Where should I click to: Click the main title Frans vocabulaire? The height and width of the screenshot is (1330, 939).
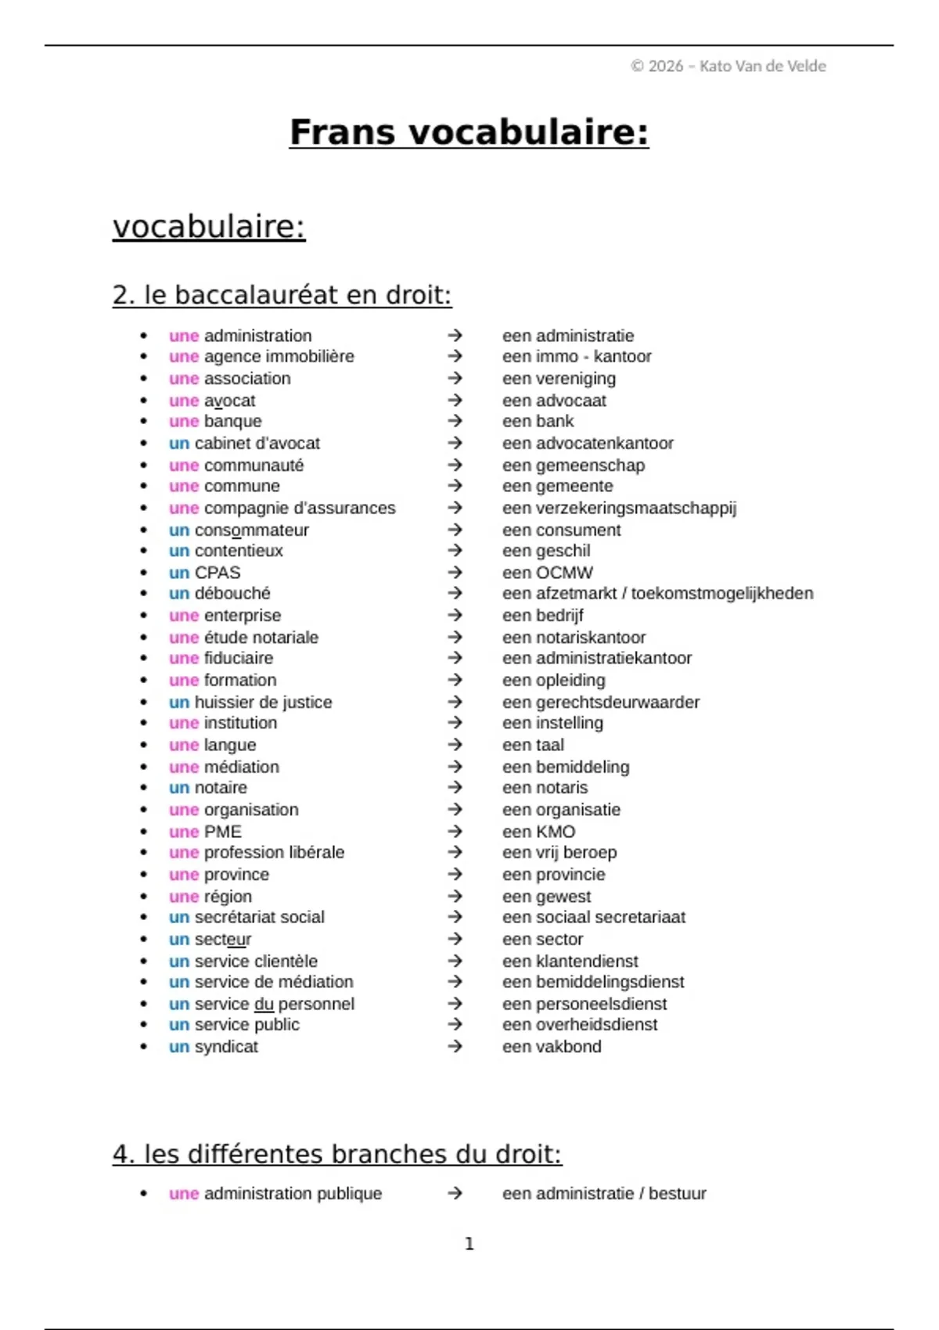[x=469, y=131]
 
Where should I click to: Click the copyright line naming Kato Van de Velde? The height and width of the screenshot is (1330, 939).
[x=728, y=66]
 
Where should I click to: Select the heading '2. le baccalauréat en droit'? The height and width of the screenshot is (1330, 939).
[x=282, y=295]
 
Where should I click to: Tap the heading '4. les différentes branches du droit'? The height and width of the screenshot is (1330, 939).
[x=336, y=1154]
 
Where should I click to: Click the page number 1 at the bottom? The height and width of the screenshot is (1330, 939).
[x=469, y=1244]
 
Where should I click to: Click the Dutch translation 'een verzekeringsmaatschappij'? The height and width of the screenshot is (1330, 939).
[x=619, y=509]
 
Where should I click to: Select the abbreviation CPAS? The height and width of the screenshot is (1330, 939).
[x=218, y=573]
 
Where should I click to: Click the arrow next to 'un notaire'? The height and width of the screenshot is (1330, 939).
[x=455, y=788]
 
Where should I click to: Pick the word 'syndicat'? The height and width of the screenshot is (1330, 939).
[x=226, y=1047]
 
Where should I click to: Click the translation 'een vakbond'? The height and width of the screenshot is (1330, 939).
[x=552, y=1047]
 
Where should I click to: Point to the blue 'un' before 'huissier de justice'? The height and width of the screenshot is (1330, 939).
[x=179, y=703]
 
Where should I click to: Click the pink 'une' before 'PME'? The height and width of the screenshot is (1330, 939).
[x=184, y=832]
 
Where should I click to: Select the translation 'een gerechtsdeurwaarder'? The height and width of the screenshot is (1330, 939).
[x=601, y=703]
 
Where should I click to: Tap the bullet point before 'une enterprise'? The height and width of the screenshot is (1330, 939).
[x=143, y=616]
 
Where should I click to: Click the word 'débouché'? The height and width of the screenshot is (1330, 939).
[x=232, y=594]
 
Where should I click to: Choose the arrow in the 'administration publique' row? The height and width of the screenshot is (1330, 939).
[x=455, y=1194]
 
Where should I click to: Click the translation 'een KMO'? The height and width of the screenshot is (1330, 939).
[x=538, y=832]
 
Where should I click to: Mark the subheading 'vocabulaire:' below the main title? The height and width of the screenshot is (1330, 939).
[x=209, y=227]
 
